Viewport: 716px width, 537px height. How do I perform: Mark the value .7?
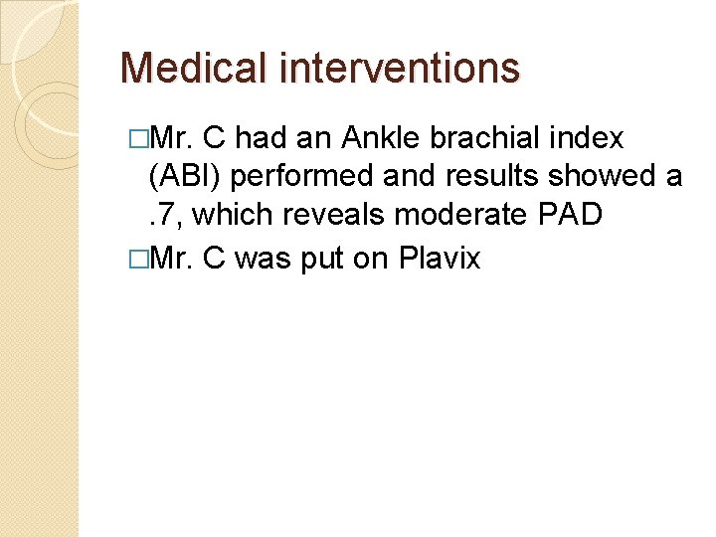[x=163, y=216]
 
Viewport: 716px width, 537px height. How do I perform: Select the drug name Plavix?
[x=440, y=259]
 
